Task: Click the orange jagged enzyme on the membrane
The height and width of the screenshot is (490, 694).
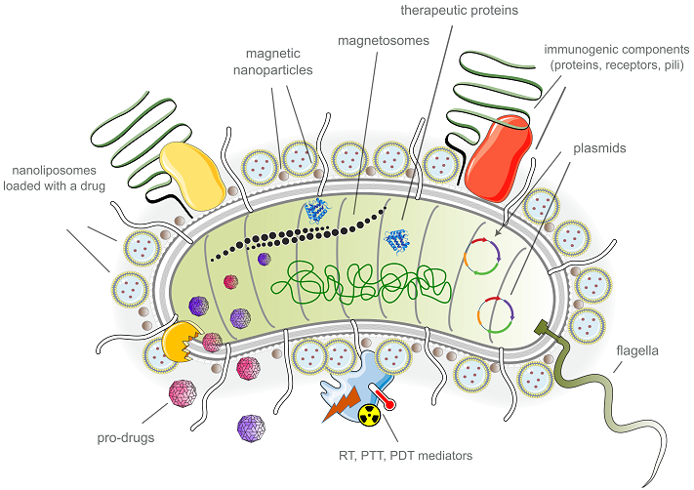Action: click(178, 342)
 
